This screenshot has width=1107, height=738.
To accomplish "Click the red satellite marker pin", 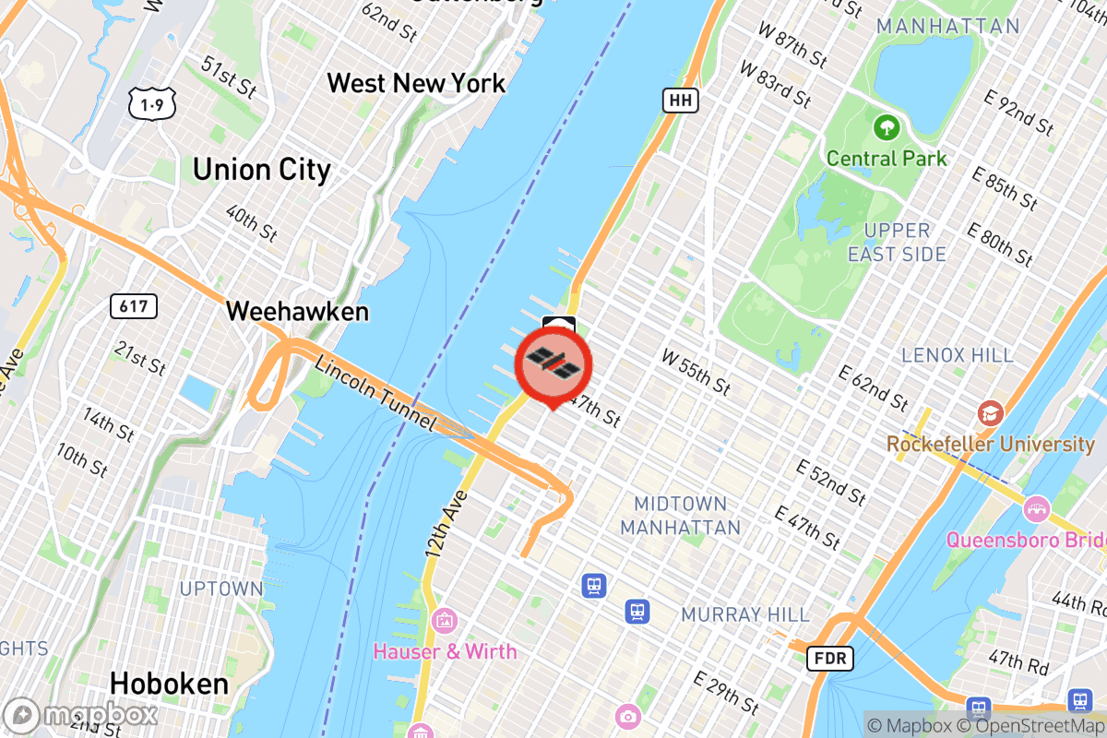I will click(x=553, y=363).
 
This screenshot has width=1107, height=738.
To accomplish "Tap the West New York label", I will click(x=416, y=83).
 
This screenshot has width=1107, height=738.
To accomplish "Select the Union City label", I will click(x=261, y=170).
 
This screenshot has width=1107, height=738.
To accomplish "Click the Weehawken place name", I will click(x=297, y=312).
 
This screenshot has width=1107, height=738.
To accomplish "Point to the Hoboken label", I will click(x=169, y=684).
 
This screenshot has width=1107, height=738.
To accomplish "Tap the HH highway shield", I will click(x=679, y=100).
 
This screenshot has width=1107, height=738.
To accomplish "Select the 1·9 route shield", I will click(x=148, y=106).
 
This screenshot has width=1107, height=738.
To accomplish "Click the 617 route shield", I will click(x=133, y=305).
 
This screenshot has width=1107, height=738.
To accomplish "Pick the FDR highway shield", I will click(x=829, y=658).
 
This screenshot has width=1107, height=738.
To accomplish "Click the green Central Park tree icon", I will click(x=886, y=125).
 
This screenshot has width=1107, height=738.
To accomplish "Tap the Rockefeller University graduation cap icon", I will click(x=990, y=411).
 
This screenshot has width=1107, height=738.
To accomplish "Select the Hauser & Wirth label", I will click(x=445, y=651).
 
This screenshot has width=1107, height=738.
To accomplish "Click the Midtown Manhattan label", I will click(x=680, y=516).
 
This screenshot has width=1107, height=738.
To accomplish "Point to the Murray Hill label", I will click(x=745, y=614).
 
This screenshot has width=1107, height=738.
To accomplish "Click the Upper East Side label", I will click(x=897, y=242).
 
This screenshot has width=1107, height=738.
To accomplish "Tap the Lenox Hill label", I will click(x=958, y=355).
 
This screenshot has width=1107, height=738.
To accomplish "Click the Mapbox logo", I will click(x=80, y=715).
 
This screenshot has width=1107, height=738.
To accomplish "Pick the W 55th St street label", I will click(x=696, y=370).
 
